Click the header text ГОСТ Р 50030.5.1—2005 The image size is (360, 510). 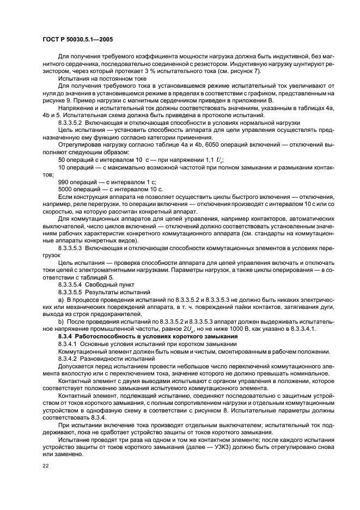(x=75, y=39)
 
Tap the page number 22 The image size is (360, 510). (x=45, y=466)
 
